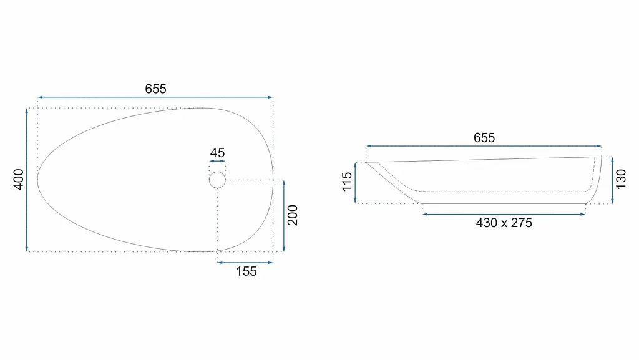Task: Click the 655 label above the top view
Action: tap(155, 89)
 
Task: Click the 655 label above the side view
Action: tap(484, 138)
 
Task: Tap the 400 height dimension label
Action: tap(19, 179)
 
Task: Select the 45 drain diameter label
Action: tap(217, 153)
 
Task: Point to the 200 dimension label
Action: tap(293, 215)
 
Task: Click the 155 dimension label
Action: tap(246, 271)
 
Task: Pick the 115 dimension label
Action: tap(347, 182)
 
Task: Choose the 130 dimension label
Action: tap(621, 179)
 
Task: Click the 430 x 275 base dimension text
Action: tap(504, 223)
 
